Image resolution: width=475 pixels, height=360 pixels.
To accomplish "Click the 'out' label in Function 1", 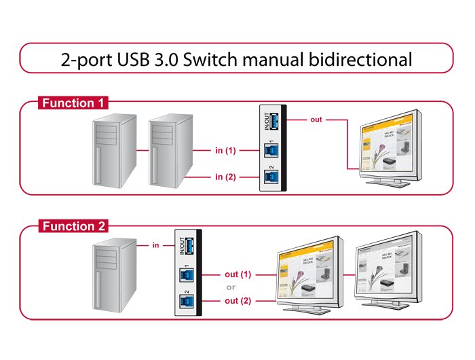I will pos(316,120).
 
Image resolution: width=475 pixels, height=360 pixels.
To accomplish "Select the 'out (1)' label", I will pos(237,274).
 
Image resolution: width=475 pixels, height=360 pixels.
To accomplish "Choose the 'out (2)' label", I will pos(237,300).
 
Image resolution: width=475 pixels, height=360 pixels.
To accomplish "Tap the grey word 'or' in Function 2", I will pos(231,287).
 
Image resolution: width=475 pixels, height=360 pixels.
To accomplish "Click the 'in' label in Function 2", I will pos(155,245).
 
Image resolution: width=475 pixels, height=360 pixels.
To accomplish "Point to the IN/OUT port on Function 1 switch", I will pos(271,121).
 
